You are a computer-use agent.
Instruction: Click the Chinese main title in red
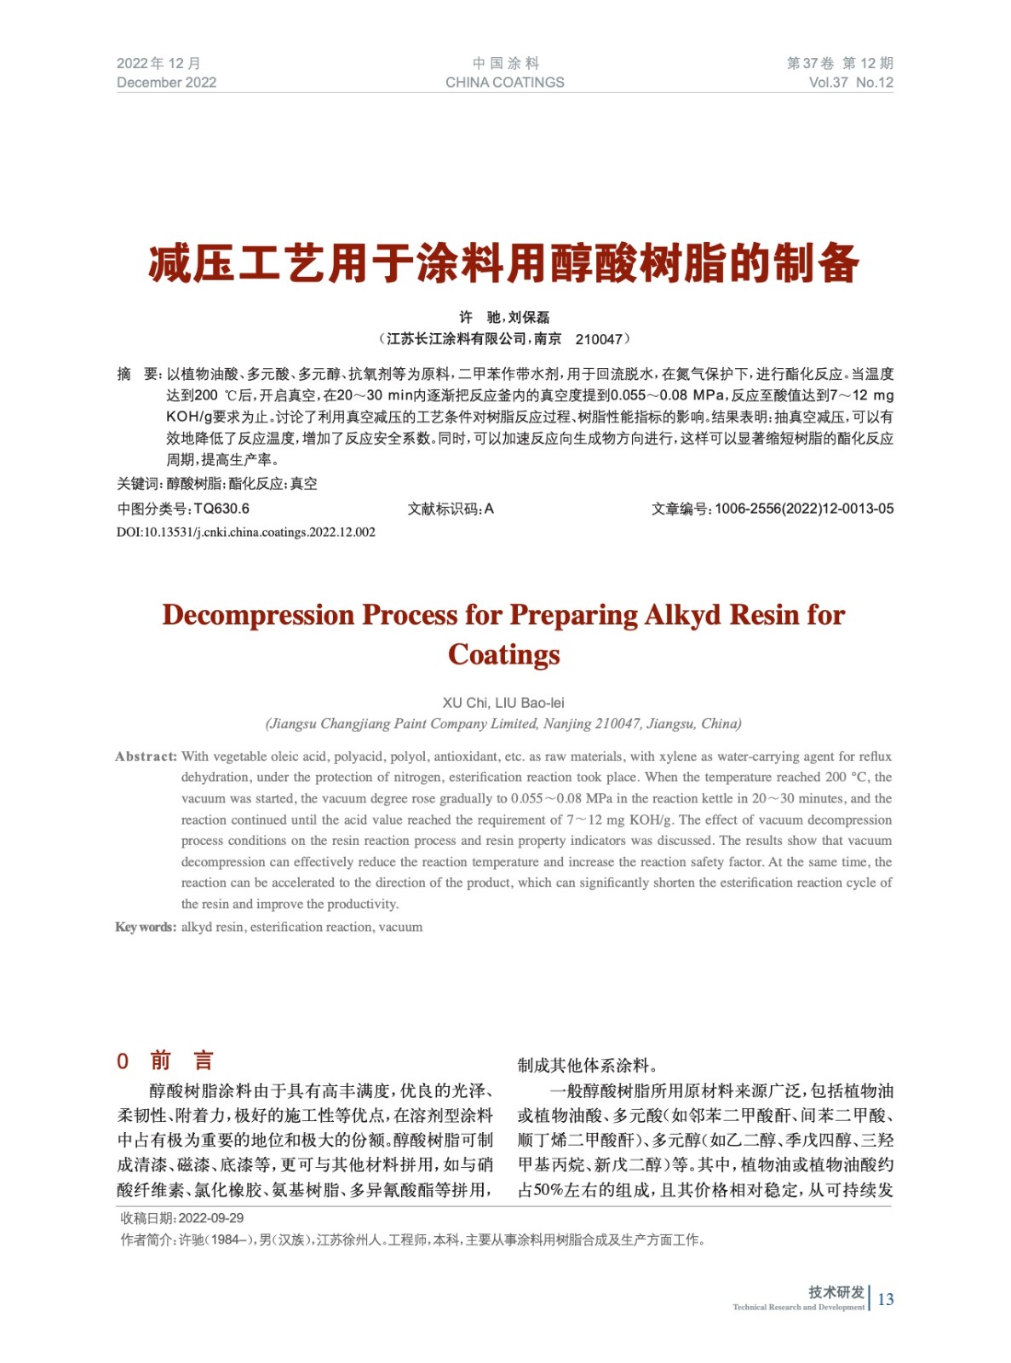(504, 262)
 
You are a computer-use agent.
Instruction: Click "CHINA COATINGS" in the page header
(504, 83)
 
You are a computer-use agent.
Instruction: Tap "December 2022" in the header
(166, 83)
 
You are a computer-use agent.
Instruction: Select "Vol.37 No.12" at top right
(850, 83)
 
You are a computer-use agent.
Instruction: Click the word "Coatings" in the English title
(504, 654)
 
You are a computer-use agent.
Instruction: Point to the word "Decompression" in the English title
(258, 615)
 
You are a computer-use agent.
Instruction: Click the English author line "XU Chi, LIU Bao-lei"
(503, 703)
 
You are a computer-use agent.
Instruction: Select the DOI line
(245, 532)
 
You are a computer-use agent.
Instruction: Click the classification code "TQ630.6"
(221, 509)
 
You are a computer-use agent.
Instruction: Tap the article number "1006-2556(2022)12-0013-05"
(804, 509)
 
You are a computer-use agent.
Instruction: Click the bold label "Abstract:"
(146, 756)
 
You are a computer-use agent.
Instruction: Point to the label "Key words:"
(146, 927)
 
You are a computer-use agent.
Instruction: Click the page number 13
(886, 1299)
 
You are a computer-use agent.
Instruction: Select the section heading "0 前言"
(164, 1061)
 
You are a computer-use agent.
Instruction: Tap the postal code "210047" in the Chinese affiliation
(599, 339)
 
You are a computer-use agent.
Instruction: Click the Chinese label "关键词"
(138, 484)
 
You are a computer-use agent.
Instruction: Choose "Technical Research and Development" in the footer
(798, 1307)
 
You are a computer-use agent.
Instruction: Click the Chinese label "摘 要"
(138, 374)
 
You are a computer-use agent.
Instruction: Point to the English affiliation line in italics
(503, 724)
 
